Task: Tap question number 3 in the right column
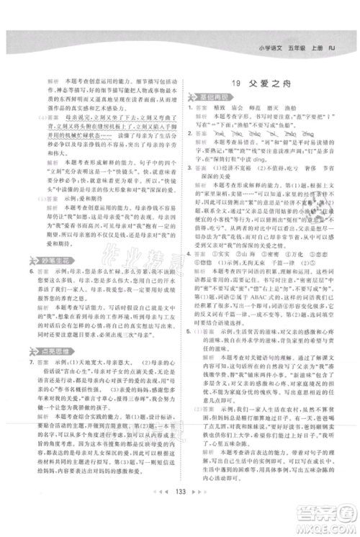click(x=186, y=164)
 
